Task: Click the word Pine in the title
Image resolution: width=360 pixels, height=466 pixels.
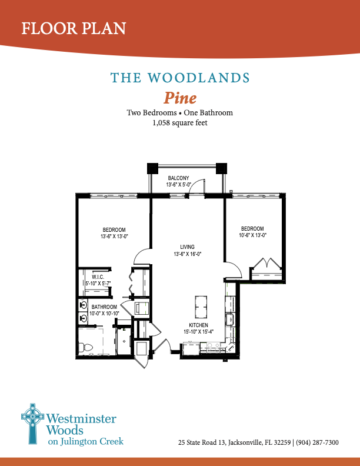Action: [x=179, y=97]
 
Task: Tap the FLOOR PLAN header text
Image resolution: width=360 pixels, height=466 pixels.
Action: [x=74, y=28]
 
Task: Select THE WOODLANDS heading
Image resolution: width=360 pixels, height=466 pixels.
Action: [x=180, y=78]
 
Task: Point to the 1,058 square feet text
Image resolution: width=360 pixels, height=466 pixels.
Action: [x=180, y=123]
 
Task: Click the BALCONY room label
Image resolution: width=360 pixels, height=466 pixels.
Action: [x=178, y=178]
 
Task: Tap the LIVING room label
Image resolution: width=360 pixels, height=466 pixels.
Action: [x=187, y=247]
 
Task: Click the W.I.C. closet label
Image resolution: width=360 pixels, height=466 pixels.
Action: [x=98, y=277]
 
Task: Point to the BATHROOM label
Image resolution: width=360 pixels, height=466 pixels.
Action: [x=104, y=307]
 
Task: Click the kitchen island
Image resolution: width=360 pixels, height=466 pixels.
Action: [x=201, y=305]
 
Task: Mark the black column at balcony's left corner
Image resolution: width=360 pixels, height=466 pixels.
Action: [x=152, y=168]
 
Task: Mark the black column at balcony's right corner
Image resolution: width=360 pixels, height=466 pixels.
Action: [x=221, y=168]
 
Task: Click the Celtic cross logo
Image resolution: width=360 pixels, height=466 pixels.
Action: [x=32, y=422]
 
